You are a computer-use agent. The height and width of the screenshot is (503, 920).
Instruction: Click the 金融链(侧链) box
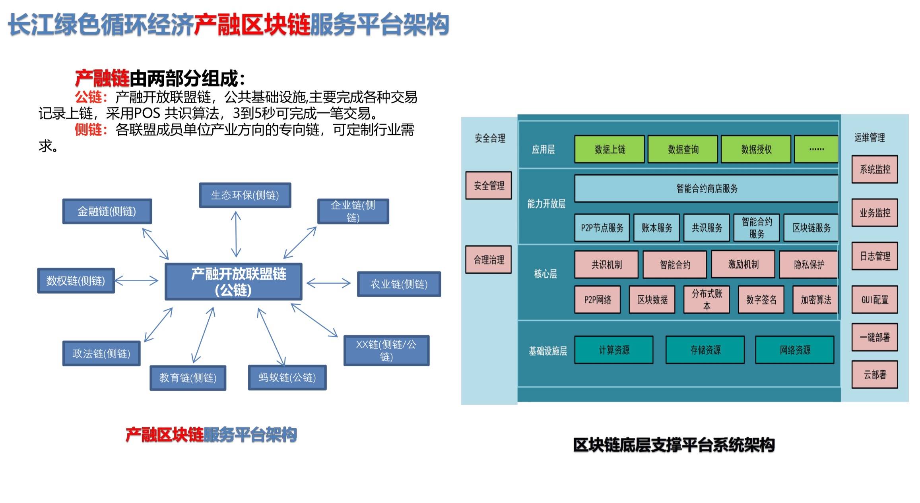click(107, 211)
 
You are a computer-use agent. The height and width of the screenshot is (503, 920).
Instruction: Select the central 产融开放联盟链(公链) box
click(234, 282)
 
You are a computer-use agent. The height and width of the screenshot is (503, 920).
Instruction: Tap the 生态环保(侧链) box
click(245, 195)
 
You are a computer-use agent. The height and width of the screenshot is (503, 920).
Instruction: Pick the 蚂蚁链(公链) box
click(287, 377)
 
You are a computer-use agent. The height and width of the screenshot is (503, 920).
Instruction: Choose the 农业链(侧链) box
click(399, 284)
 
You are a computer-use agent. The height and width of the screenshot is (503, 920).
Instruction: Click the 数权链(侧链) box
click(76, 281)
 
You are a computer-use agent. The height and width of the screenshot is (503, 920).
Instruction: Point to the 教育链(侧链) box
click(188, 378)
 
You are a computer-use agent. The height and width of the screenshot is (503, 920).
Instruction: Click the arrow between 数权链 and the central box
click(136, 281)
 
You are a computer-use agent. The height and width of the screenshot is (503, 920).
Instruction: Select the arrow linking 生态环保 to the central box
click(236, 234)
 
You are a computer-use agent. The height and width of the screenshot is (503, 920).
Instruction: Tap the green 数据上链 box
click(609, 149)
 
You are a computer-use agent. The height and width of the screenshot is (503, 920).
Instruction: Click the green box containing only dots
click(816, 149)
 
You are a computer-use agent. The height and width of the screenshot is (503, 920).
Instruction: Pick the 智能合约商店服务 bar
click(706, 188)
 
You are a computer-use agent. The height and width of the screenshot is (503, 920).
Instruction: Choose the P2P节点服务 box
click(602, 228)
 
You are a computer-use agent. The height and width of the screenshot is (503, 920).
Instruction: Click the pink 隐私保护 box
click(809, 264)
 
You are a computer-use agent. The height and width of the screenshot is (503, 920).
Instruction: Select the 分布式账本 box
click(706, 300)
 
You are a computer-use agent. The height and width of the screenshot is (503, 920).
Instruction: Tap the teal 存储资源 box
click(705, 350)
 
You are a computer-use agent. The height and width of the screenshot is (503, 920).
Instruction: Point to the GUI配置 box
click(874, 300)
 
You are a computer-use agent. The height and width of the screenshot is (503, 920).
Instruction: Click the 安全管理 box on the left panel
click(489, 186)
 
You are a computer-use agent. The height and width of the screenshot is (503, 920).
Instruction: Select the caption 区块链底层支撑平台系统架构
click(674, 445)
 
